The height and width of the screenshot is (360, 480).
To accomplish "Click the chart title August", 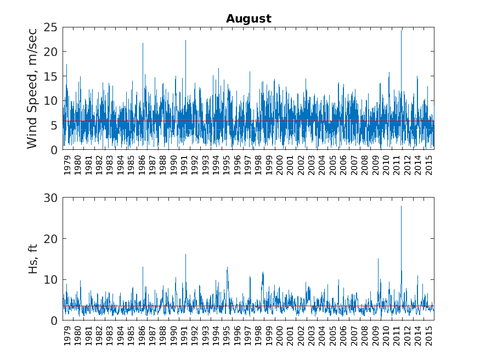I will pos(249,19).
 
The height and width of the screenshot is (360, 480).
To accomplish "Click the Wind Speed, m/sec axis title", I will pos(32,88).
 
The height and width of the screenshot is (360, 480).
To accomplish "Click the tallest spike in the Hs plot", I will pos(401,206).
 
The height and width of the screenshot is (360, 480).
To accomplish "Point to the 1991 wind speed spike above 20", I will pos(185,41).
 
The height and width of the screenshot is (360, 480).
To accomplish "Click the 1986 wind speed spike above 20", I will pos(143,44).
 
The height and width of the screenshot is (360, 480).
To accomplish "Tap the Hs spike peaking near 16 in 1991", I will pos(185,255).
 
